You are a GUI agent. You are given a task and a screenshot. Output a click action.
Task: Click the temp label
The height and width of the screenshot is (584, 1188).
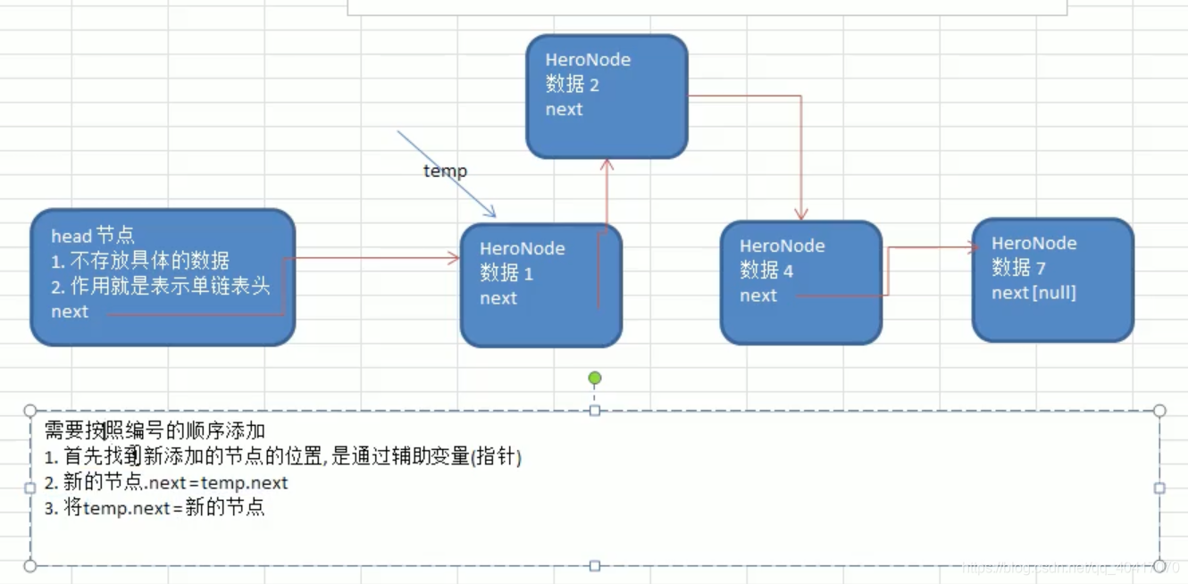[x=445, y=171]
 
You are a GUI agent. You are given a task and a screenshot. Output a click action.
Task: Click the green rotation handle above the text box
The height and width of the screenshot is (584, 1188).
[x=595, y=379]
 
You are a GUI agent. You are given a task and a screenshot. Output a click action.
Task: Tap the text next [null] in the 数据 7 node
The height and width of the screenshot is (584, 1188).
[x=1033, y=293]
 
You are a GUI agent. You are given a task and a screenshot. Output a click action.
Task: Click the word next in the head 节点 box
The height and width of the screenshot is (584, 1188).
[x=70, y=312]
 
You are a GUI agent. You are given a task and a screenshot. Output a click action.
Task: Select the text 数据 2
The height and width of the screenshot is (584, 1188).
[x=572, y=85]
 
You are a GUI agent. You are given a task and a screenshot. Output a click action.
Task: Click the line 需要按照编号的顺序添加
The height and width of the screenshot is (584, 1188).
[x=155, y=431]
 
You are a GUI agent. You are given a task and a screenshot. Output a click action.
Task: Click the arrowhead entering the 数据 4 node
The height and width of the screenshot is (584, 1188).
[x=801, y=214]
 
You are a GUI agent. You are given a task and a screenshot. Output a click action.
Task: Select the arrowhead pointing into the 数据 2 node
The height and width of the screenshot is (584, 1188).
[x=607, y=164]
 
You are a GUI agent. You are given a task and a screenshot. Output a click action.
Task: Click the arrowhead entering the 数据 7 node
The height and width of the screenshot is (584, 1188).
[x=974, y=248]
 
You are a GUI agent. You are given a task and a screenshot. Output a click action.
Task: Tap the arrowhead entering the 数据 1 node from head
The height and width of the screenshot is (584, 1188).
[x=454, y=259]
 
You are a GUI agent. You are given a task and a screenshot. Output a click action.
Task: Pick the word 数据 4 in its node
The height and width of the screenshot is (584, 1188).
[x=766, y=271]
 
